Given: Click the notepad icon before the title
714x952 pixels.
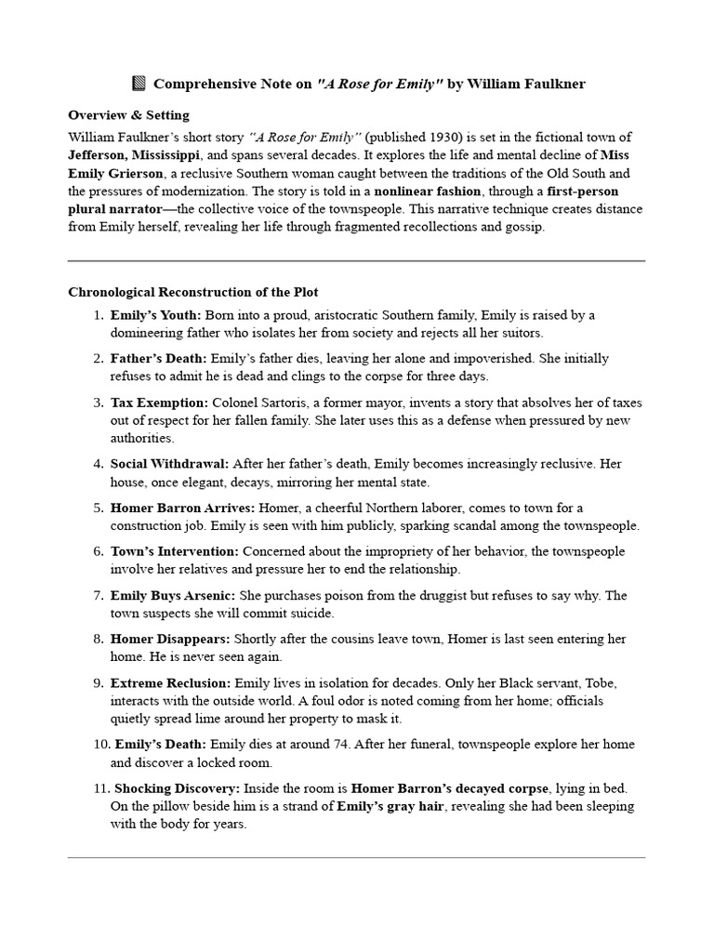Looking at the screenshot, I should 139,85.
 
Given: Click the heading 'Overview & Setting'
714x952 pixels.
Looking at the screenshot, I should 128,115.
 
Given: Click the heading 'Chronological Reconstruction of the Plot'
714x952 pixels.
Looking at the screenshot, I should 193,292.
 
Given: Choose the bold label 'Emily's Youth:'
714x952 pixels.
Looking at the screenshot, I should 155,315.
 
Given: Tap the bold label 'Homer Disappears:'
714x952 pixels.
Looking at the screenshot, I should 170,639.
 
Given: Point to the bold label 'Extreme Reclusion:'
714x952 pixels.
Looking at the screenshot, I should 170,682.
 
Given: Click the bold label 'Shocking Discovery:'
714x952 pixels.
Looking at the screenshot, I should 174,788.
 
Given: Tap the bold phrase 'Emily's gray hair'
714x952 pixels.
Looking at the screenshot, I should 390,806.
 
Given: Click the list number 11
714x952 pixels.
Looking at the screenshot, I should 98,788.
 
